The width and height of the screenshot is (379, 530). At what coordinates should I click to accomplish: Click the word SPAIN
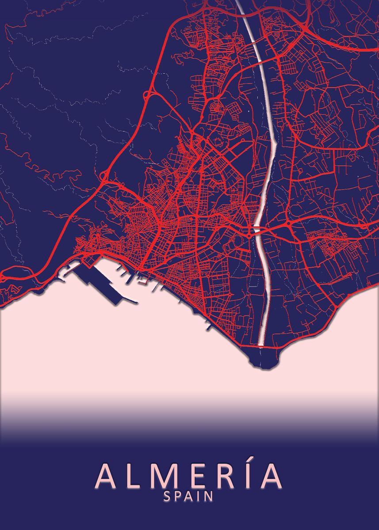coord(189,496)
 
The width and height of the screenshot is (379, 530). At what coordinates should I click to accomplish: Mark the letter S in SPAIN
coord(167,496)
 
